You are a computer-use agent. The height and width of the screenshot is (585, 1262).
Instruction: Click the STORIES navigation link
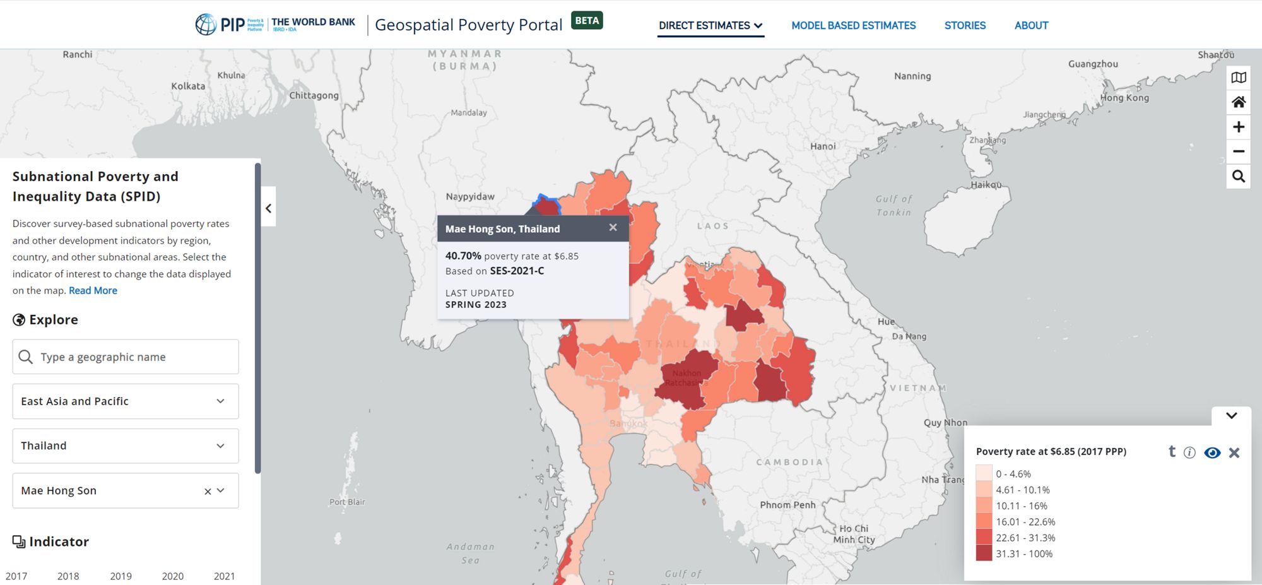point(965,25)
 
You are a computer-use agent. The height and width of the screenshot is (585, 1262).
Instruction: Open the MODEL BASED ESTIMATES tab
point(853,25)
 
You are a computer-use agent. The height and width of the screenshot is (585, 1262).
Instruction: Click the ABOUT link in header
point(1031,25)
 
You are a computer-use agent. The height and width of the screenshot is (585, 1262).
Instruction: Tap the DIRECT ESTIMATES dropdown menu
point(711,25)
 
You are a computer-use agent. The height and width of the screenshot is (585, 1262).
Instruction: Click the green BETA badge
point(587,20)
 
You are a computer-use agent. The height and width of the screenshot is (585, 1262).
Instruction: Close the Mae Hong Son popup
point(613,227)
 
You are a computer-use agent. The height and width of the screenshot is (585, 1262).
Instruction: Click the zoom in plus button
point(1238,127)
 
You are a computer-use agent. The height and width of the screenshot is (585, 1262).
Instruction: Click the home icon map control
point(1238,102)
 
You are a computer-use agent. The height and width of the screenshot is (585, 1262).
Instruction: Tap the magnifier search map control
point(1238,176)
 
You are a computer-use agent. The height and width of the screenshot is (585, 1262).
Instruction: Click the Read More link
point(93,290)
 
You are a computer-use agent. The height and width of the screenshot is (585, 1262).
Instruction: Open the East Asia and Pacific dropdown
point(126,401)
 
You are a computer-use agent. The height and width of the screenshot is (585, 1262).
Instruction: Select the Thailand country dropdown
point(126,446)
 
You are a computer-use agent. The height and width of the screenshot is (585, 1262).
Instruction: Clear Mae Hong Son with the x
point(208,491)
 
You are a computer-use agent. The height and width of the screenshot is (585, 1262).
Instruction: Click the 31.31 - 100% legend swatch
point(984,553)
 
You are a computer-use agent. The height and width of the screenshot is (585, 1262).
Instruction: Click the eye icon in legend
point(1212,452)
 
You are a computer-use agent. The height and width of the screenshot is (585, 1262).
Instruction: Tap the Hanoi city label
point(823,146)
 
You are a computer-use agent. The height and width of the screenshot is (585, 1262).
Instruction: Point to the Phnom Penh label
point(787,505)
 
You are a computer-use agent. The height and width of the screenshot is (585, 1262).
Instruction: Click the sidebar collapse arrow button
point(269,208)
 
